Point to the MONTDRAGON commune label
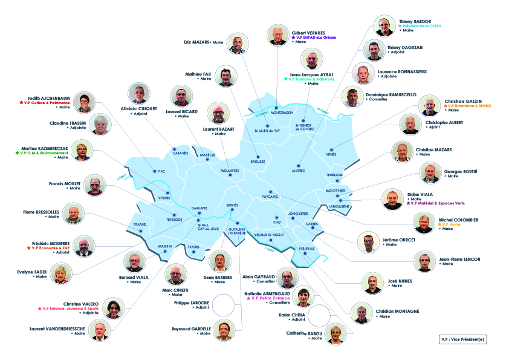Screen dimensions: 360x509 (281, 113)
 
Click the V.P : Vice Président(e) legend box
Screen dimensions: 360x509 (462, 339)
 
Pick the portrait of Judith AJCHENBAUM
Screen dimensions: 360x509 (85, 103)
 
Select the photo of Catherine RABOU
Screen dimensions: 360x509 (334, 334)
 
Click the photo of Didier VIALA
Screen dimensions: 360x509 (392, 198)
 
